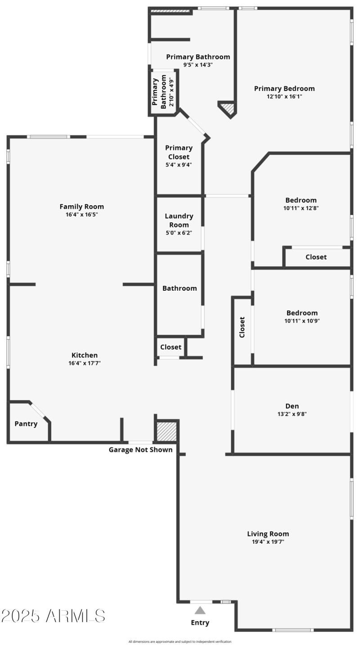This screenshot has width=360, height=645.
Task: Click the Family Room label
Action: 82,207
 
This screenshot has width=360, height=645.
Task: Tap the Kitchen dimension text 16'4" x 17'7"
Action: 85,363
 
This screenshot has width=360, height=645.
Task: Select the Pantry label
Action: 26,424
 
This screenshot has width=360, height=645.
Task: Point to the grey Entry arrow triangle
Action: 200,610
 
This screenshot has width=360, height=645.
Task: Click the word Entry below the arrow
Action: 200,623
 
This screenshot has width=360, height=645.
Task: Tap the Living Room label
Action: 268,534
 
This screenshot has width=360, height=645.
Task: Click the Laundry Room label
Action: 179,221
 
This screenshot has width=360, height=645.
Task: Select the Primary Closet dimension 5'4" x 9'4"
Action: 179,165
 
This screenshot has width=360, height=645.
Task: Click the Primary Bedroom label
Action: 284,89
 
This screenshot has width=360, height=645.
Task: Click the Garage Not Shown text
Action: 140,450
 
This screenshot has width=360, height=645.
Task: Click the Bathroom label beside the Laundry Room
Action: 180,288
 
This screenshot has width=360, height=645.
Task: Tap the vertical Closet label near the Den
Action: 242,327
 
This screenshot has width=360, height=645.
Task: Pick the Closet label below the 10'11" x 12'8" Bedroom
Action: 316,257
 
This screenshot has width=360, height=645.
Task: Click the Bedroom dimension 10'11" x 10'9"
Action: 302,321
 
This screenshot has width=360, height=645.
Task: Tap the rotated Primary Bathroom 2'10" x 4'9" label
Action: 163,92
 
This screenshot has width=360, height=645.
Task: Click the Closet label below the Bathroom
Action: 171,347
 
